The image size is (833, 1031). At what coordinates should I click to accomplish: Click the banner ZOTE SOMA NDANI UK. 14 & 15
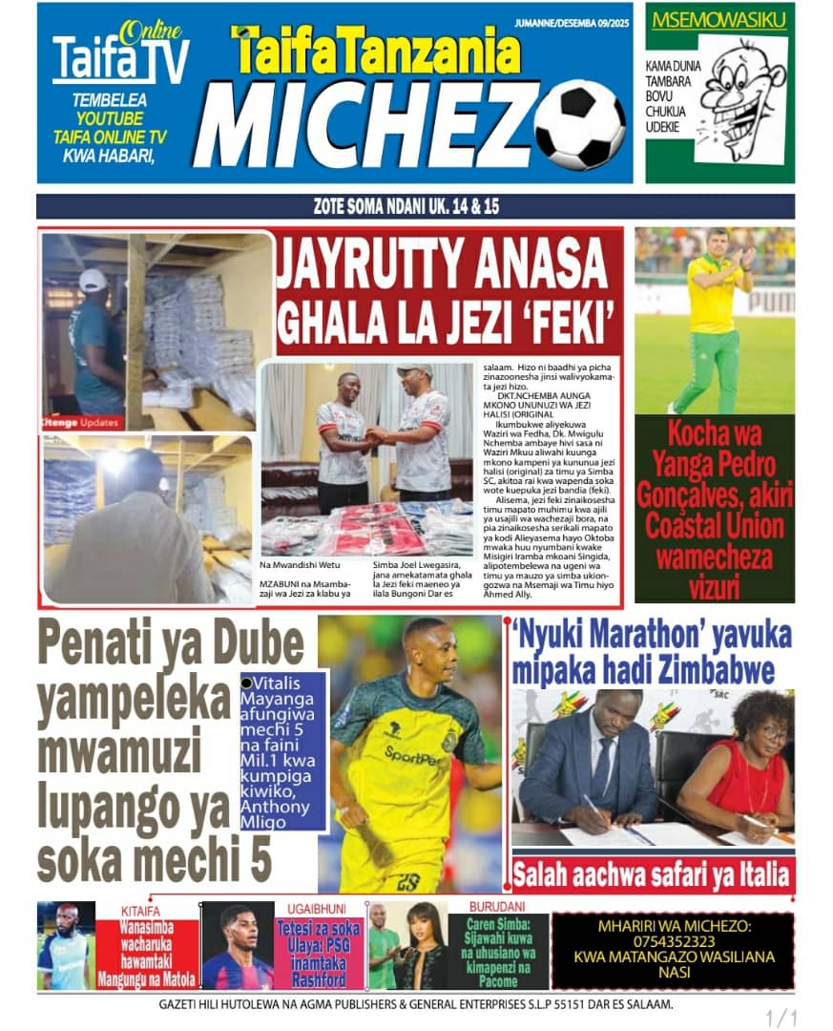[415, 206]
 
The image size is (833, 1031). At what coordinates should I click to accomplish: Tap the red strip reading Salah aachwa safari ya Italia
[652, 873]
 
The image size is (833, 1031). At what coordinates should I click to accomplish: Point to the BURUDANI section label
[496, 907]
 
